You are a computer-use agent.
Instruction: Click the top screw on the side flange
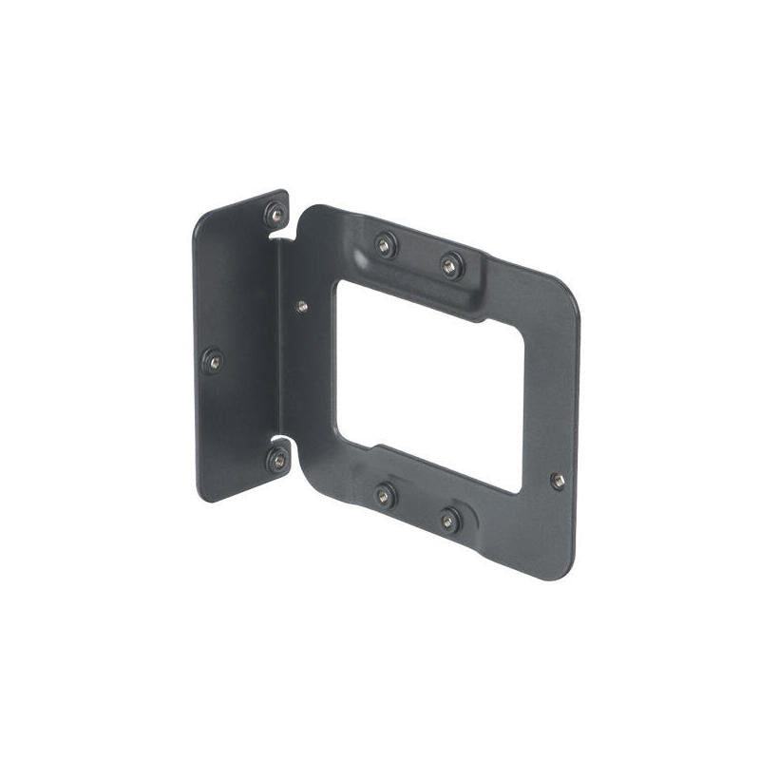tap(275, 214)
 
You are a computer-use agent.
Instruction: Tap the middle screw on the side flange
tap(214, 361)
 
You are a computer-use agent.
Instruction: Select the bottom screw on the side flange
tap(277, 461)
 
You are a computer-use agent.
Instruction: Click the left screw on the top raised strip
tap(385, 245)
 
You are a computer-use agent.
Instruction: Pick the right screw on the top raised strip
tap(451, 265)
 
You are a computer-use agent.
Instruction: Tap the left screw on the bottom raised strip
tap(385, 495)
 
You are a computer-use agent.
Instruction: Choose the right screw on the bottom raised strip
tap(449, 519)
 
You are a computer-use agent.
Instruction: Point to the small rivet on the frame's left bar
tap(302, 306)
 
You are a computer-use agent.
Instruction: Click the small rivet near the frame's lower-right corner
tap(558, 481)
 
